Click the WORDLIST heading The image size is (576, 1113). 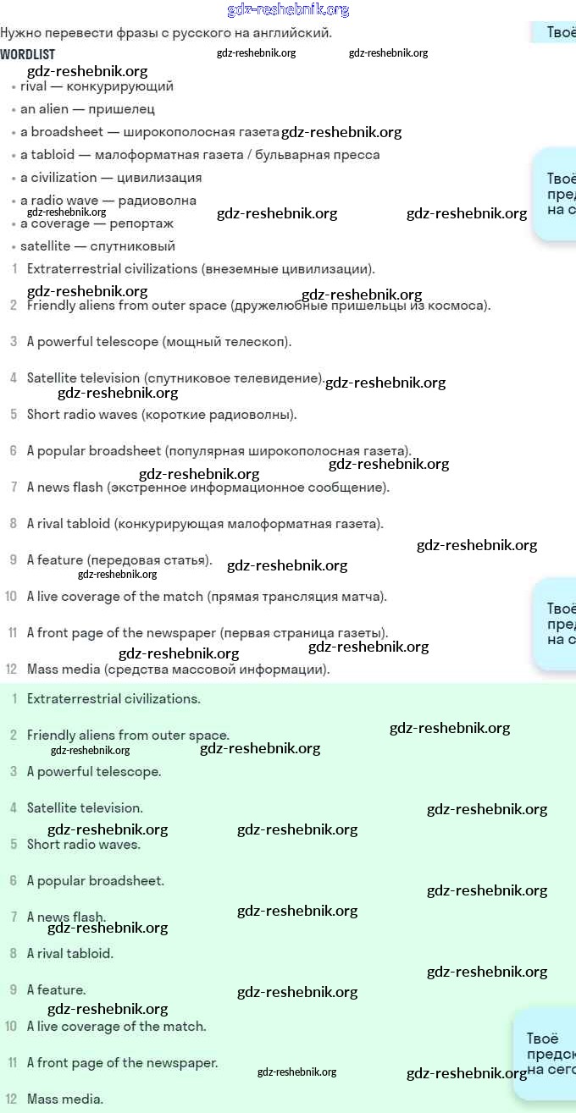[x=28, y=54]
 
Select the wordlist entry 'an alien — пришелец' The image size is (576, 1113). [x=87, y=109]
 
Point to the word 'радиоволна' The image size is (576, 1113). [x=157, y=201]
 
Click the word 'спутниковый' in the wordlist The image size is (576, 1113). [x=136, y=246]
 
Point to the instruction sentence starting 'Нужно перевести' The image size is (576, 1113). [x=166, y=33]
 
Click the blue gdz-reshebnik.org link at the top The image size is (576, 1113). [x=288, y=10]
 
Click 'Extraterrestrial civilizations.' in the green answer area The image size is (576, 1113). [x=114, y=699]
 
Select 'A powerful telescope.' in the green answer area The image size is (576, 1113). [x=94, y=772]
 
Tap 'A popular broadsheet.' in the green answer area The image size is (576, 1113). [x=96, y=881]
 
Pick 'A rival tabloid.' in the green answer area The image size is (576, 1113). [x=69, y=954]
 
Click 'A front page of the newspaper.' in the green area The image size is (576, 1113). [x=122, y=1063]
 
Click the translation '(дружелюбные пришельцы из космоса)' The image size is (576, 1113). [x=360, y=306]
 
